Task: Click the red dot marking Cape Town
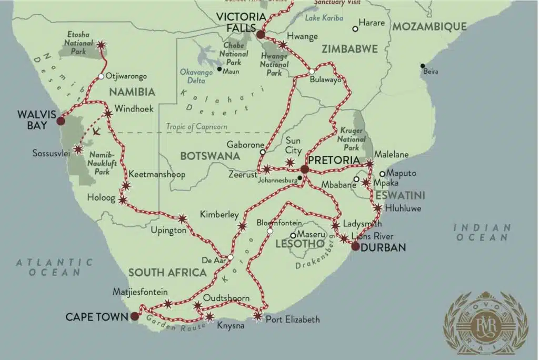[135, 316]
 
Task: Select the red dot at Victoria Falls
[260, 35]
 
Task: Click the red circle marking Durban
[356, 246]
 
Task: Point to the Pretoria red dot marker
[304, 169]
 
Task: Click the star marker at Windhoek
[107, 113]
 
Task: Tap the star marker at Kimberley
[242, 226]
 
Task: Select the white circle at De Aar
[230, 257]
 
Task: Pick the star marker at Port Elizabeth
[257, 316]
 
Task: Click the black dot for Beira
[423, 66]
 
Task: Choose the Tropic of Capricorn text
[196, 126]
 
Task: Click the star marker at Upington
[182, 218]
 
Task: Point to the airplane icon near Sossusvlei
[96, 131]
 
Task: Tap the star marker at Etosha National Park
[101, 45]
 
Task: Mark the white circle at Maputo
[383, 173]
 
